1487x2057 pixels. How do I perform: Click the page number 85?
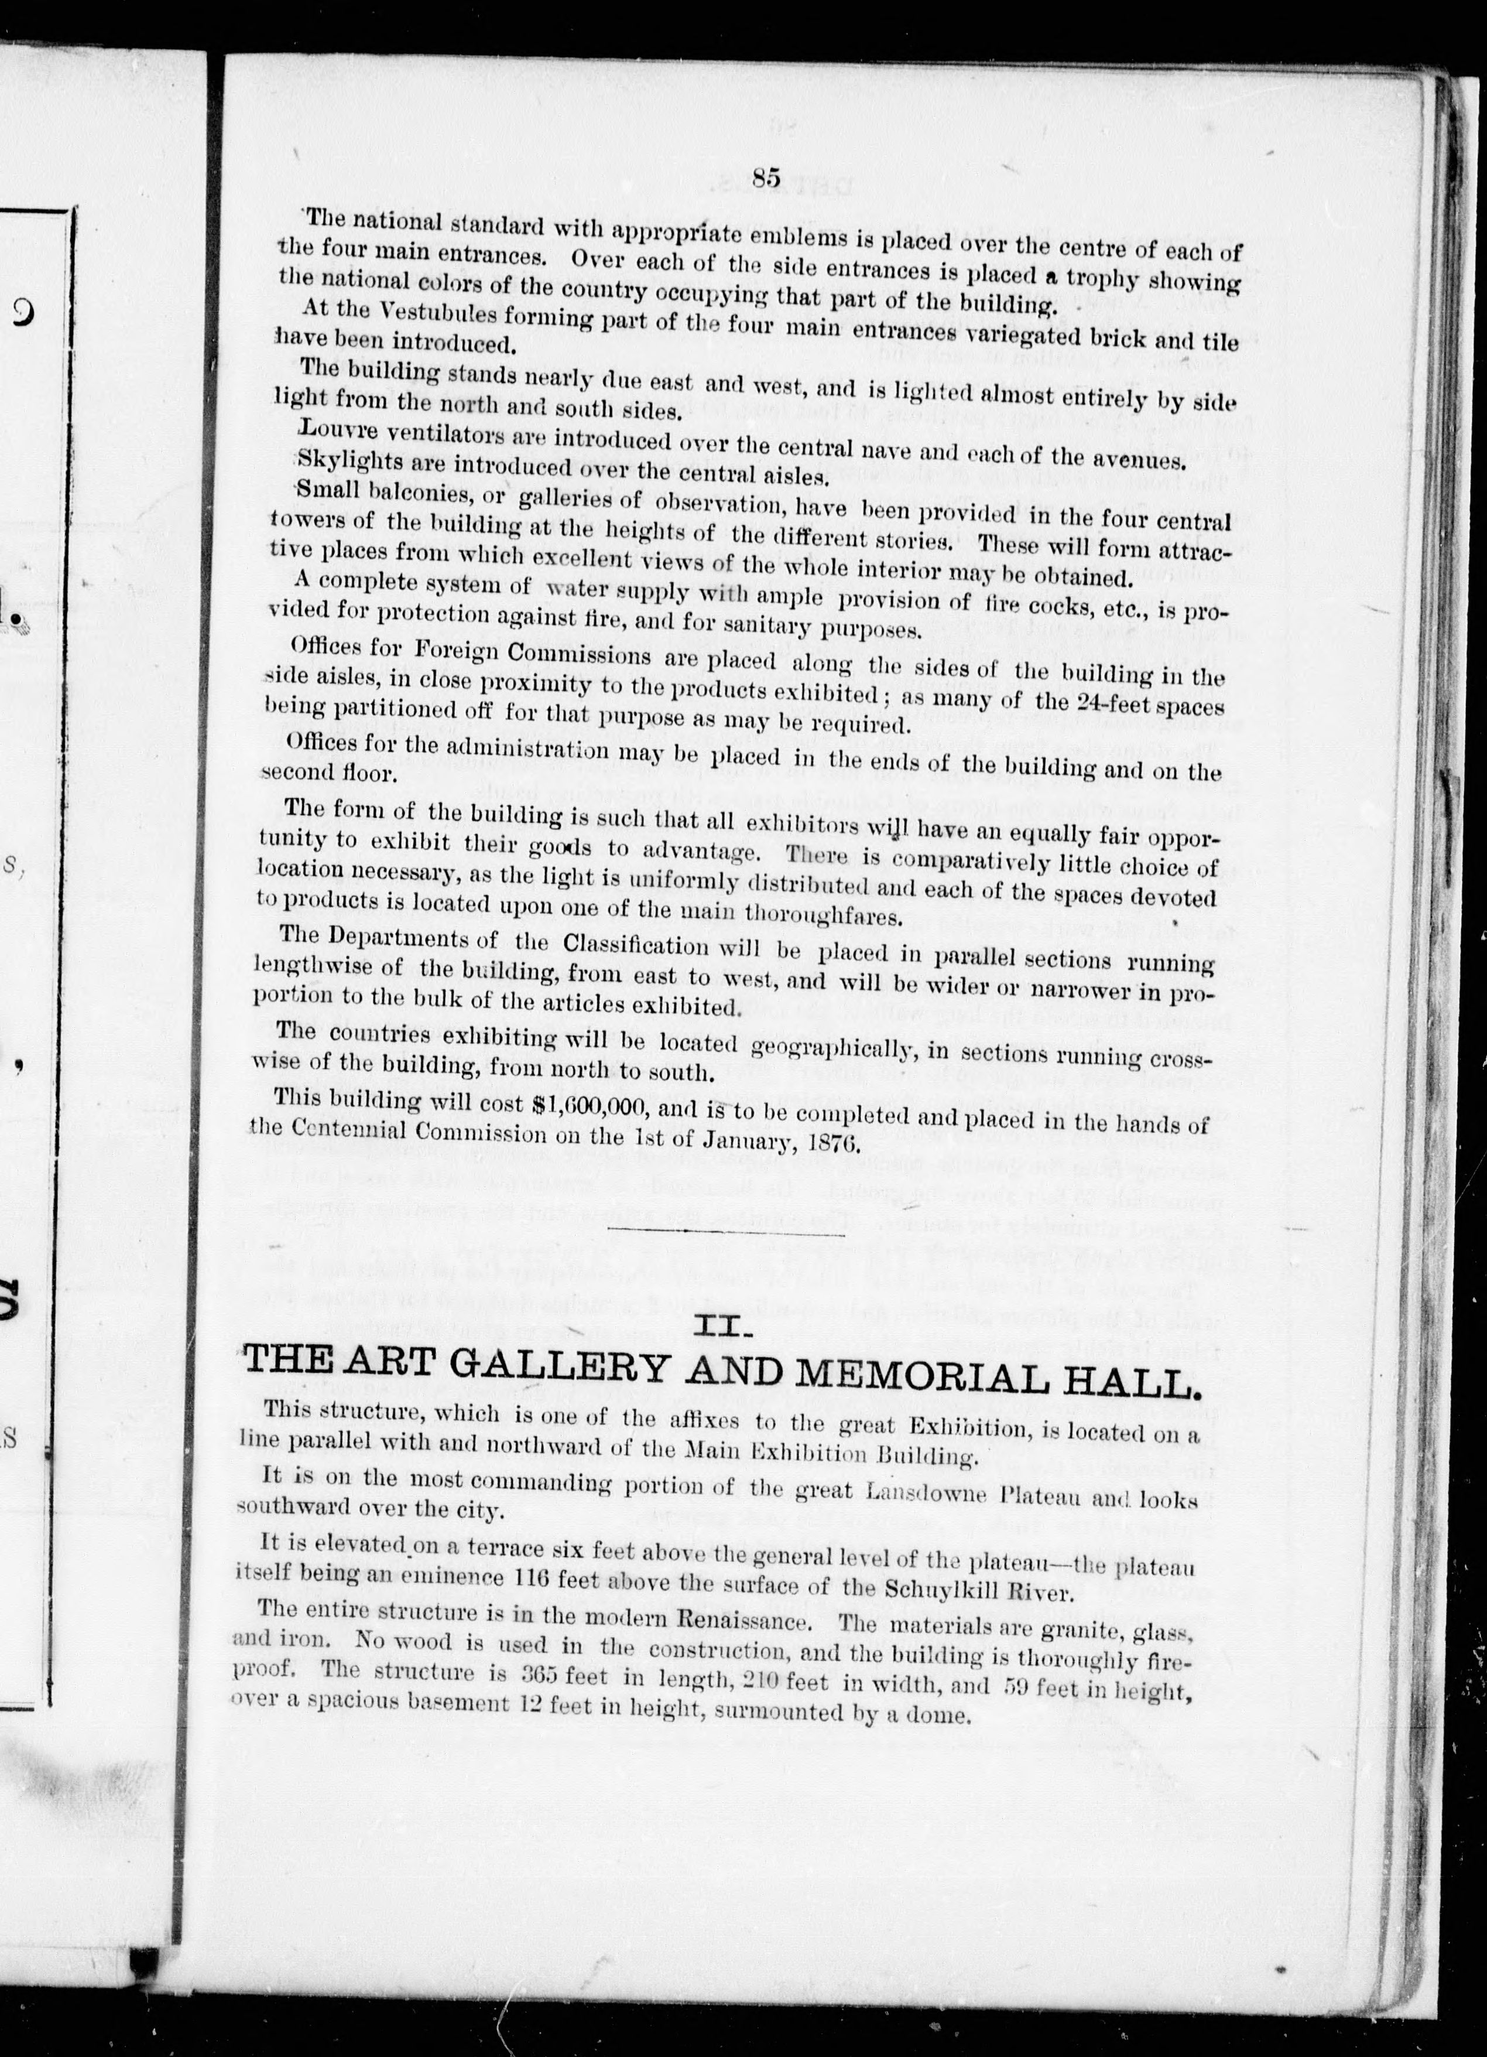click(766, 179)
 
